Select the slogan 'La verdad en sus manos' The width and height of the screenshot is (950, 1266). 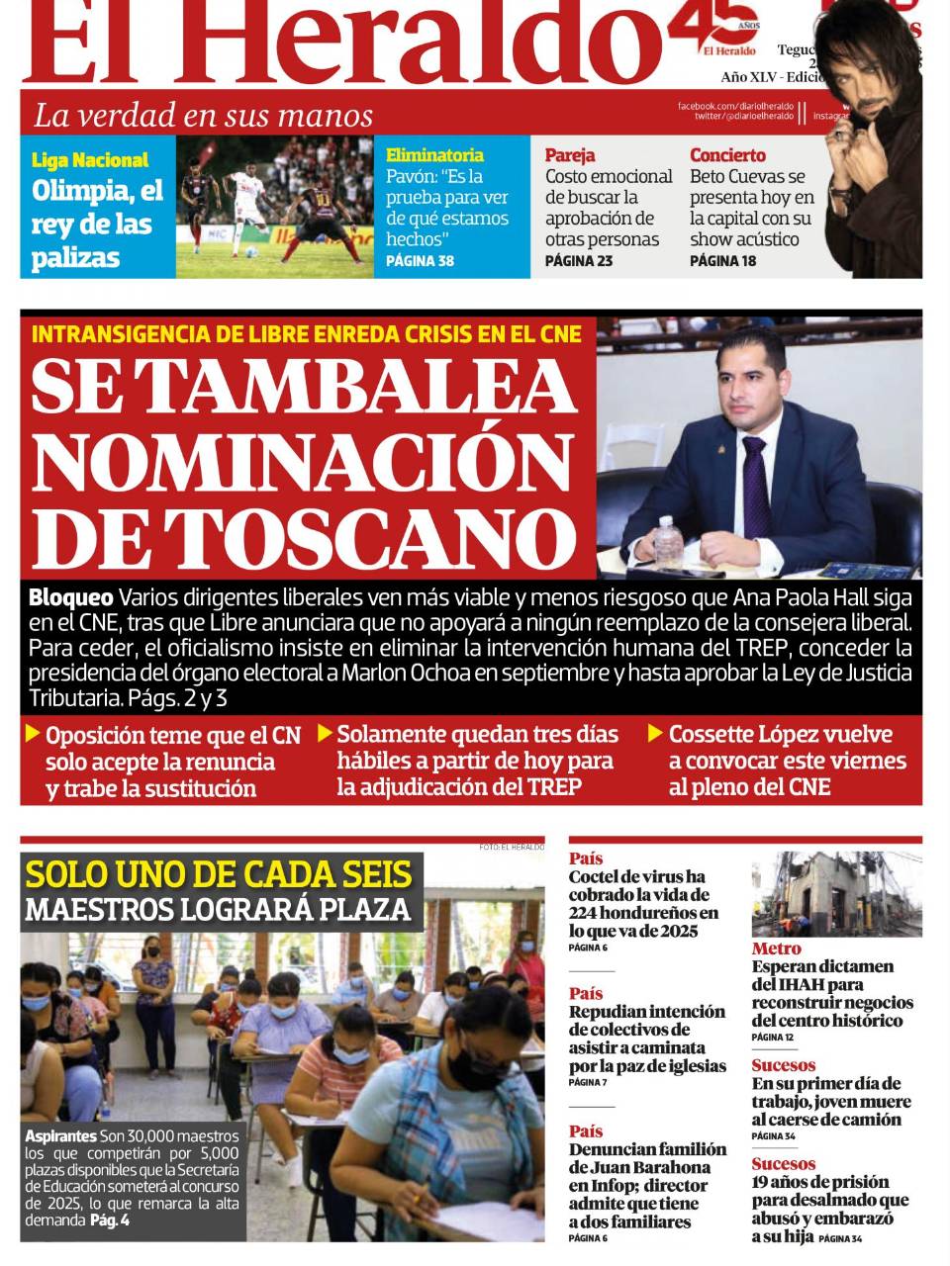pyautogui.click(x=204, y=115)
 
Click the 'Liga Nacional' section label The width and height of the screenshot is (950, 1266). pyautogui.click(x=90, y=160)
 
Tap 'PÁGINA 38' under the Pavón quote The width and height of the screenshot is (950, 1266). pyautogui.click(x=420, y=261)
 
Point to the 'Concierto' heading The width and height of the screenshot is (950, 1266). pyautogui.click(x=727, y=155)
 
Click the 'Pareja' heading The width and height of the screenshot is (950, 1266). pyautogui.click(x=570, y=155)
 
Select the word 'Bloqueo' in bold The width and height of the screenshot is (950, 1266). pyautogui.click(x=70, y=597)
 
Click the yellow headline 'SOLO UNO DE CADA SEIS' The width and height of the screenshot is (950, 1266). pyautogui.click(x=219, y=874)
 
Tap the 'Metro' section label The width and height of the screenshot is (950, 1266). pyautogui.click(x=776, y=949)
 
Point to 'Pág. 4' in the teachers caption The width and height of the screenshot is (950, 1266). pyautogui.click(x=110, y=1220)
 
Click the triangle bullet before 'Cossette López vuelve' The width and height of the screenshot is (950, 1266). pyautogui.click(x=655, y=733)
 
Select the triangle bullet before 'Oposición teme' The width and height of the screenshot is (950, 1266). pyautogui.click(x=33, y=734)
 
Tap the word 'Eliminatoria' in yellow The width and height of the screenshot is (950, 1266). pyautogui.click(x=434, y=155)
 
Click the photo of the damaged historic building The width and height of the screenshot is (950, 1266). pyautogui.click(x=836, y=893)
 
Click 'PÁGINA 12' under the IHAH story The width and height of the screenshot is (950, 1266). pyautogui.click(x=772, y=1038)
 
